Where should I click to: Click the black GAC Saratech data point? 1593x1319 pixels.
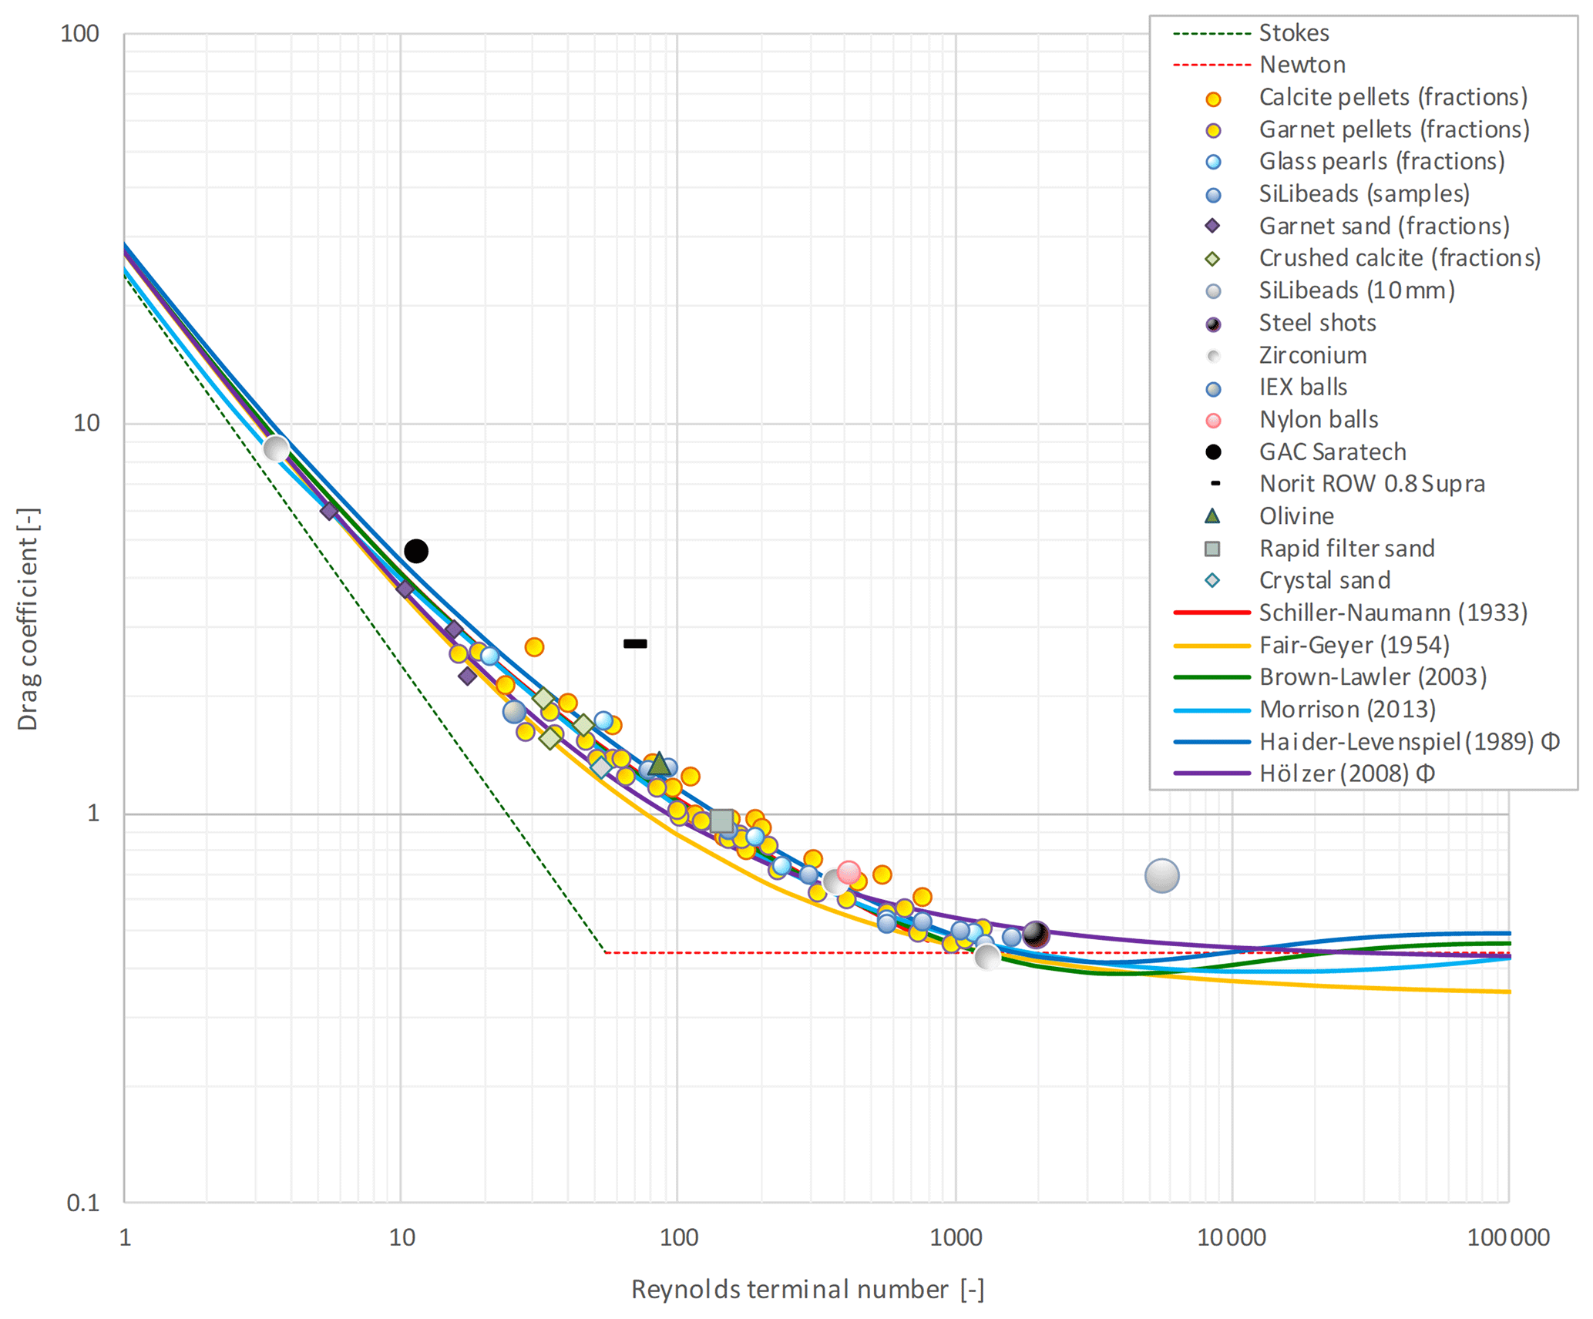point(416,551)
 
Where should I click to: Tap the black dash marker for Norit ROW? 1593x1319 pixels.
point(635,643)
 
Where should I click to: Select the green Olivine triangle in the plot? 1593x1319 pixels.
point(659,764)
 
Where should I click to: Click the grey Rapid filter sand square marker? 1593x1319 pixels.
point(722,821)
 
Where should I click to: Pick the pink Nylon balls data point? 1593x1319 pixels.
point(849,872)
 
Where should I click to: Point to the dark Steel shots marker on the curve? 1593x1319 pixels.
point(1036,935)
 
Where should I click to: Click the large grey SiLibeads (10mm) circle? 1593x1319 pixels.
point(1161,875)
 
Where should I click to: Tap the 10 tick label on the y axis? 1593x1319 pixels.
point(86,423)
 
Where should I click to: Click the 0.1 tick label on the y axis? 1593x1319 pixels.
point(83,1203)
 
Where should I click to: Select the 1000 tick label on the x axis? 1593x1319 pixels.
point(956,1238)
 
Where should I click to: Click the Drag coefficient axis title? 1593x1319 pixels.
point(28,619)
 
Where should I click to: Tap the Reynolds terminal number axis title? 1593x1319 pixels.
point(808,1290)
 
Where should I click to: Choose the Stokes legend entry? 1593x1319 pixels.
point(1293,33)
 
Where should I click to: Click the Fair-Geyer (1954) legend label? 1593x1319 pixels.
point(1353,645)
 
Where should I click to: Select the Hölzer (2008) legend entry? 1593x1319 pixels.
point(1346,774)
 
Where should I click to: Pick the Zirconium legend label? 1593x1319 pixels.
point(1312,355)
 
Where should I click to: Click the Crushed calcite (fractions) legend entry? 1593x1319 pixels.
point(1400,258)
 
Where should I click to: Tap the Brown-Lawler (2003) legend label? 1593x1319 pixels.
point(1373,677)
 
